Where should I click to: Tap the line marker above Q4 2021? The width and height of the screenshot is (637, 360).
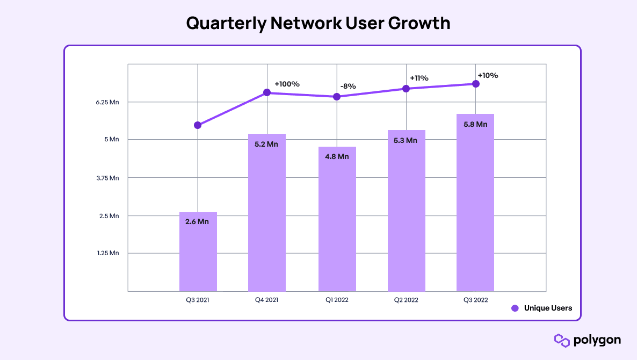point(267,93)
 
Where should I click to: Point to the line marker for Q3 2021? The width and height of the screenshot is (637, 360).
point(198,125)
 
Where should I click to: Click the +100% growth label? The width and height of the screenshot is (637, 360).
point(287,84)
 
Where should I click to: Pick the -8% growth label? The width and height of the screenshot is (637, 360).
point(348,87)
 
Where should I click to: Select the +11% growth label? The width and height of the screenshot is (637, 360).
point(419,78)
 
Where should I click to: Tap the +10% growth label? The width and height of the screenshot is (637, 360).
point(488,76)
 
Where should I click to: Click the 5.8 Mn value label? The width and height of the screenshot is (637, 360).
point(475,124)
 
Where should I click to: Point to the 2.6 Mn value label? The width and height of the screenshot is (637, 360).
point(197,221)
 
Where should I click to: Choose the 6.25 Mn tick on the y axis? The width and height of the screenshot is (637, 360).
point(107,102)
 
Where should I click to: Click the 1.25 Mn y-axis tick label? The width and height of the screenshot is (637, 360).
point(107,253)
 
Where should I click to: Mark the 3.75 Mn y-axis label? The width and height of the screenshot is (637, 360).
point(107,178)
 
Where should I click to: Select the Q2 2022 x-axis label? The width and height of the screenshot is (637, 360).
point(406,300)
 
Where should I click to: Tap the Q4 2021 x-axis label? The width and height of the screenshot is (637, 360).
point(267,300)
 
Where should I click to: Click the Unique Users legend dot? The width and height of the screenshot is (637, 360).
point(515,308)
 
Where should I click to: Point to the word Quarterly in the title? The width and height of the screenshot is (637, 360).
point(226,24)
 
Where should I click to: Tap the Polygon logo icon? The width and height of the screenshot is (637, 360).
point(561,340)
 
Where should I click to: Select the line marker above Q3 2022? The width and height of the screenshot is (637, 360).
point(476,84)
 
